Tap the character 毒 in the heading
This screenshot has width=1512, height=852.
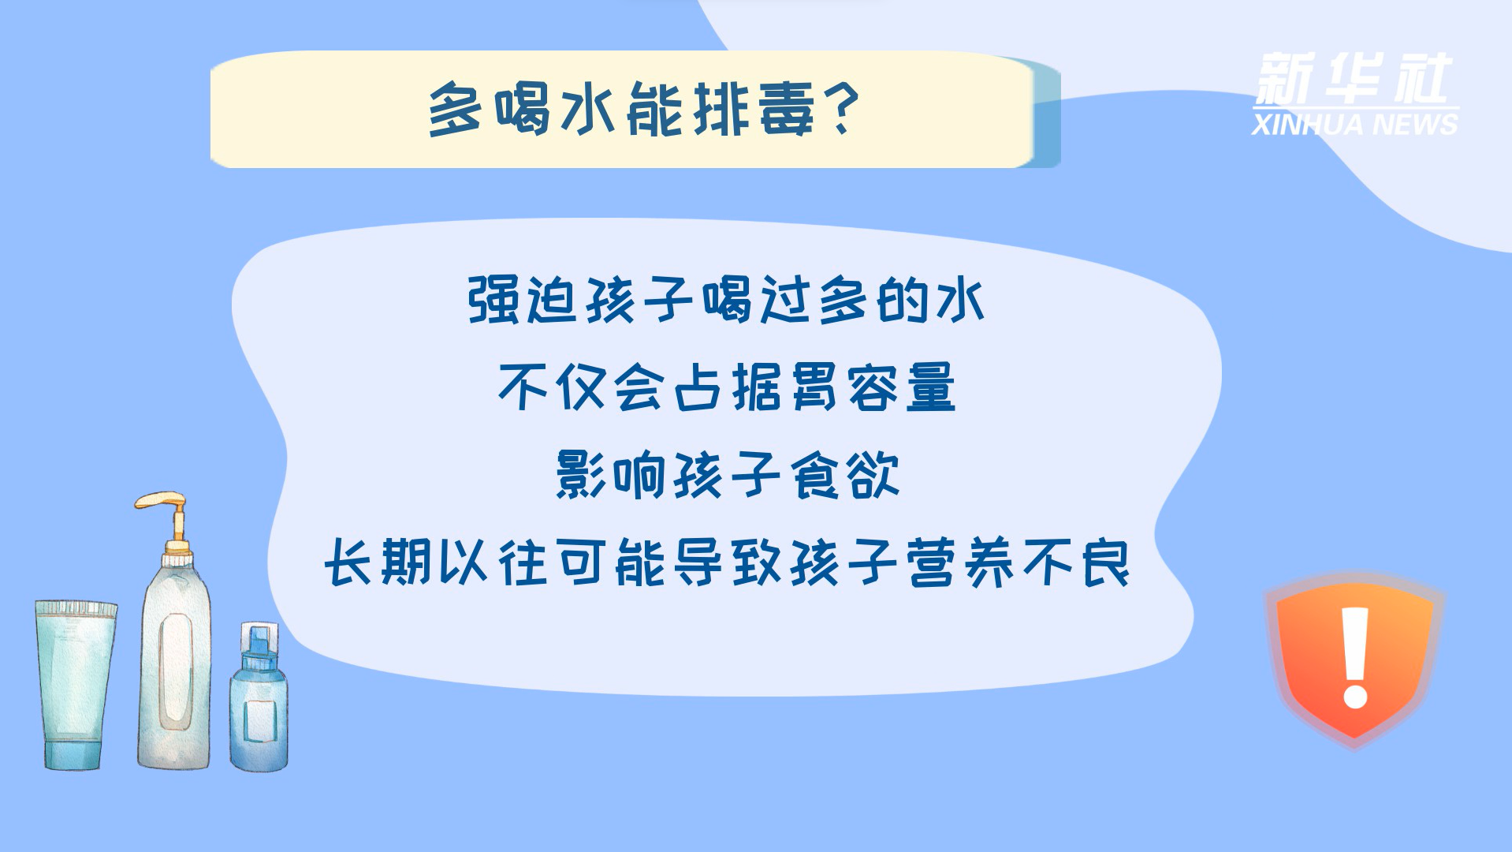(787, 110)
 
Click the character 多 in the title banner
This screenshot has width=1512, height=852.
(455, 110)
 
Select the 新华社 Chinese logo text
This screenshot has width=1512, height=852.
(1353, 79)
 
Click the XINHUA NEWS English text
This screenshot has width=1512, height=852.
(1354, 125)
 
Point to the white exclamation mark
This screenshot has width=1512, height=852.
(1355, 658)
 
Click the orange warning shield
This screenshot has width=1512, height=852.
(1354, 659)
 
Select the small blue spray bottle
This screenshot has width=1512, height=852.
(259, 697)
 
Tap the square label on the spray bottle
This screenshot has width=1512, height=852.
(259, 720)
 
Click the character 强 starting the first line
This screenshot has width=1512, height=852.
(493, 301)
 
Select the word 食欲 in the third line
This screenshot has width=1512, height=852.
(844, 475)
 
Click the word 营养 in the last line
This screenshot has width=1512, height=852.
(961, 562)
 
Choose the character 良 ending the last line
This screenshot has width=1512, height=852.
(1105, 562)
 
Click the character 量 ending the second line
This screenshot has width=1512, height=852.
(931, 387)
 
